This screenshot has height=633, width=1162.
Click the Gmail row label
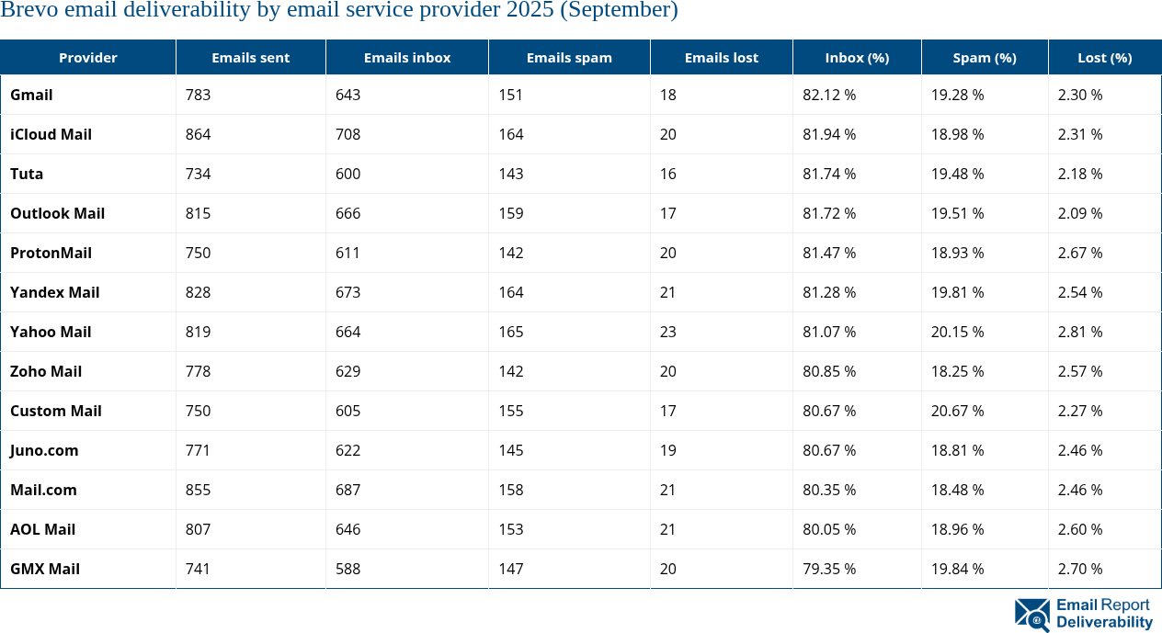pyautogui.click(x=31, y=95)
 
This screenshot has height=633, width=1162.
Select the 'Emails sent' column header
pyautogui.click(x=250, y=57)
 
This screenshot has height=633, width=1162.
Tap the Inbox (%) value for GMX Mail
pyautogui.click(x=828, y=569)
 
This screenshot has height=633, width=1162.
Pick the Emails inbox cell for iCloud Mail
pyautogui.click(x=348, y=134)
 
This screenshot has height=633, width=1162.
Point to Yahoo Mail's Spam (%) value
pyautogui.click(x=957, y=332)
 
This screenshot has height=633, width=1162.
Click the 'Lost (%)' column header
pyautogui.click(x=1104, y=57)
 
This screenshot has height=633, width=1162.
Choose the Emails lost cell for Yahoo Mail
pyautogui.click(x=667, y=332)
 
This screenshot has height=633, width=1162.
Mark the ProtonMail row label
pyautogui.click(x=51, y=253)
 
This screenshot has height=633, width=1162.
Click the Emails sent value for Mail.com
pyautogui.click(x=198, y=490)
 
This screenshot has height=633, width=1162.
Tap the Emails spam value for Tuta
pyautogui.click(x=511, y=174)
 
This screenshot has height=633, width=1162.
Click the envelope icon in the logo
pyautogui.click(x=1031, y=615)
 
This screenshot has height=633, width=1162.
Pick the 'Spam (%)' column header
pyautogui.click(x=984, y=57)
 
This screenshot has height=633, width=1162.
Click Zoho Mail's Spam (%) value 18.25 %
pyautogui.click(x=957, y=371)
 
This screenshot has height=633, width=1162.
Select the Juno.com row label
pyautogui.click(x=44, y=450)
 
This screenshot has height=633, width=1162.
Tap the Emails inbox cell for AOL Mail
pyautogui.click(x=348, y=529)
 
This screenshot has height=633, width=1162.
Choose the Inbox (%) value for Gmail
pyautogui.click(x=828, y=95)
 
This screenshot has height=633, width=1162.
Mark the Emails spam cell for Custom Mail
pyautogui.click(x=511, y=411)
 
